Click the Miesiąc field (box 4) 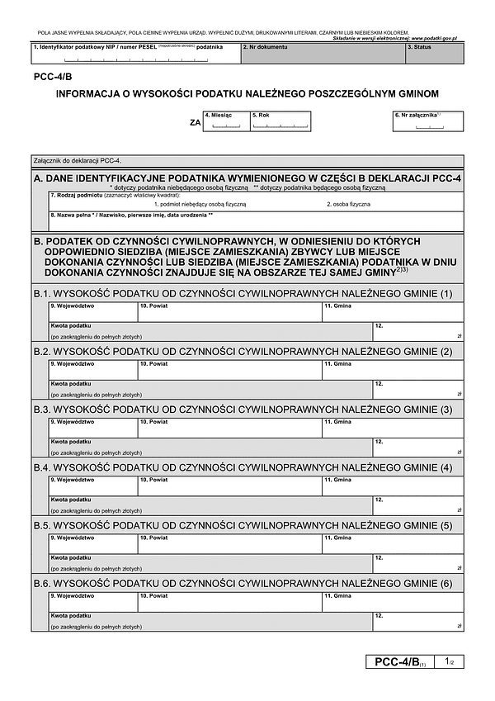pyautogui.click(x=225, y=121)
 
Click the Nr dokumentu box pyautogui.click(x=322, y=54)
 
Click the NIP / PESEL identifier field pyautogui.click(x=135, y=54)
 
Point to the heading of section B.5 pyautogui.click(x=243, y=526)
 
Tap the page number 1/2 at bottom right pyautogui.click(x=447, y=661)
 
